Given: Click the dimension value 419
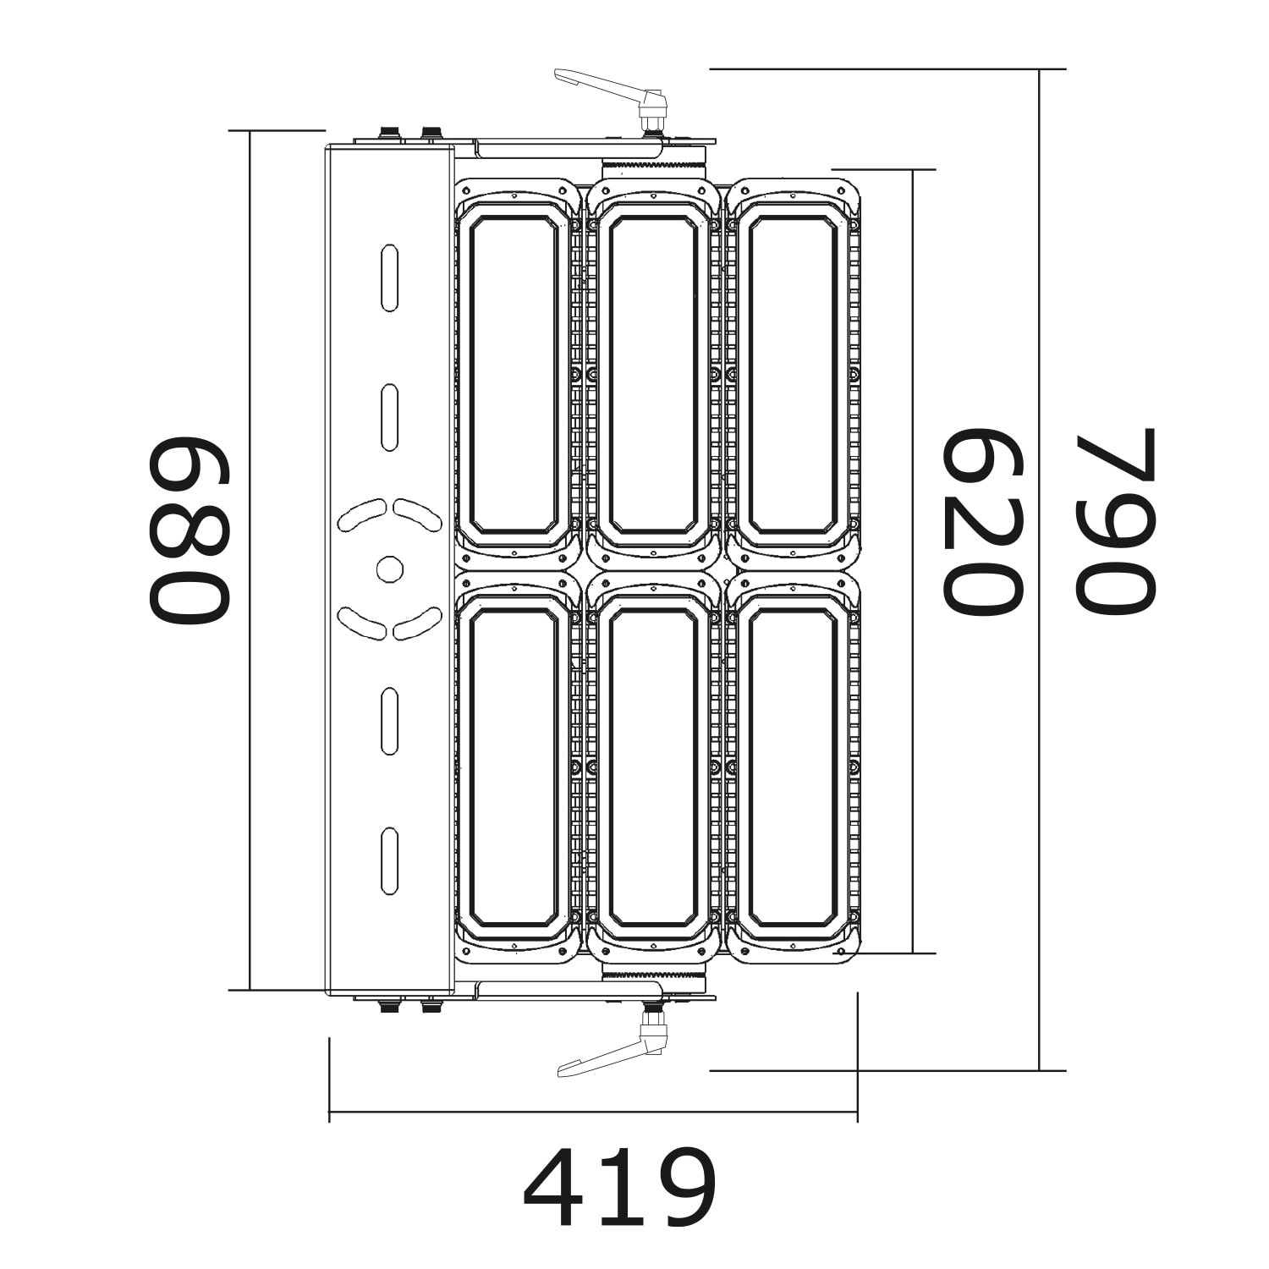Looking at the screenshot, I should tap(619, 1187).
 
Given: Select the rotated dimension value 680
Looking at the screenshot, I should tap(190, 530).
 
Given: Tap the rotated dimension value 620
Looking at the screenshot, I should tap(983, 522).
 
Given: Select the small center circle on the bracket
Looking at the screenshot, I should tap(389, 569).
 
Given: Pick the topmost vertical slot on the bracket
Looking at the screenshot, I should tap(389, 277).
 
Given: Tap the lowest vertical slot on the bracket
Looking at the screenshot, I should tap(389, 860).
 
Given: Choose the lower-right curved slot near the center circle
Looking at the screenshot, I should tap(418, 624).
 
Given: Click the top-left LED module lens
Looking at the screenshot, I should tap(514, 375).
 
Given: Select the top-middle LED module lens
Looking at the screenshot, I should tap(653, 375).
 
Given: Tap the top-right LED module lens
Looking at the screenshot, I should tap(793, 375).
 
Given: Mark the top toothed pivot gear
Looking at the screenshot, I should tap(653, 166).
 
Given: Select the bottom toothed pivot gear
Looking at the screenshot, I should tap(653, 975).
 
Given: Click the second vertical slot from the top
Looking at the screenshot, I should tap(389, 417).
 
